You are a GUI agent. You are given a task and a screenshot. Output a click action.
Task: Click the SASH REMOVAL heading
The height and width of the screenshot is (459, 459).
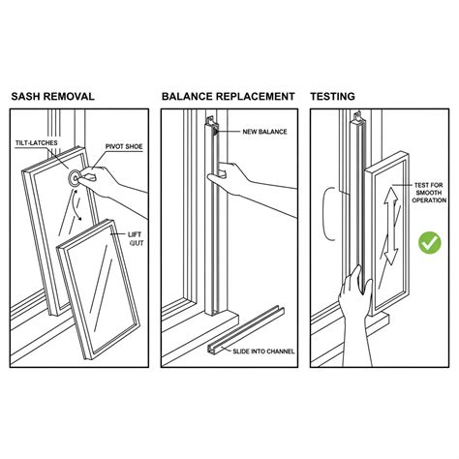pos(53,96)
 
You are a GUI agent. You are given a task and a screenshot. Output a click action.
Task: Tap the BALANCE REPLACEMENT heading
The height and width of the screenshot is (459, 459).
pos(229,96)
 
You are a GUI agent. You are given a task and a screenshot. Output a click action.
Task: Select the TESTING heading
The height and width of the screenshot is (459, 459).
pos(332,96)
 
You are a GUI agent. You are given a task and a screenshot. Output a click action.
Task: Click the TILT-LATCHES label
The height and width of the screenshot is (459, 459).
pos(37,142)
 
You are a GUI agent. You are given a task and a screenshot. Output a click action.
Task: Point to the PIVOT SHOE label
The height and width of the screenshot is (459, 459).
pos(124,146)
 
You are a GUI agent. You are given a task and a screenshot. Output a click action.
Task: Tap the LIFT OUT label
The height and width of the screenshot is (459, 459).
pos(136,238)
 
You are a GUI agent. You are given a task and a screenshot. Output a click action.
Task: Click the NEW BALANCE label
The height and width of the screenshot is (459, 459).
pos(264,132)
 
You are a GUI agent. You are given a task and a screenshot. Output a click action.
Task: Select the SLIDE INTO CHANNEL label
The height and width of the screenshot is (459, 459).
pos(263,352)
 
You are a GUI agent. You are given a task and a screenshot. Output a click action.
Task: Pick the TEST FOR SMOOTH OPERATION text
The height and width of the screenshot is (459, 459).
pos(429,193)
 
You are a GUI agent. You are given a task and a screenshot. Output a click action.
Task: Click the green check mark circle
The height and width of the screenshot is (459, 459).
pos(430,242)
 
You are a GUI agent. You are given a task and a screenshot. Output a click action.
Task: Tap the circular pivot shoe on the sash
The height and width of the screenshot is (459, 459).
pos(75,177)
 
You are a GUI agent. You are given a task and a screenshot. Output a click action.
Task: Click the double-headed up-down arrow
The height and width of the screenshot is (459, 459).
pos(390,226)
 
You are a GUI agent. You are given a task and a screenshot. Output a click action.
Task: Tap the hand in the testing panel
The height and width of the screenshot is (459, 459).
pos(355,317)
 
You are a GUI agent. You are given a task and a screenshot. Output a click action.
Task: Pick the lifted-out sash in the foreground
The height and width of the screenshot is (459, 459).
pos(99,289)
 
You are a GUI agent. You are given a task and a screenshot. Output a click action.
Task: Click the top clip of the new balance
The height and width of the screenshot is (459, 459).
pos(210,121)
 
